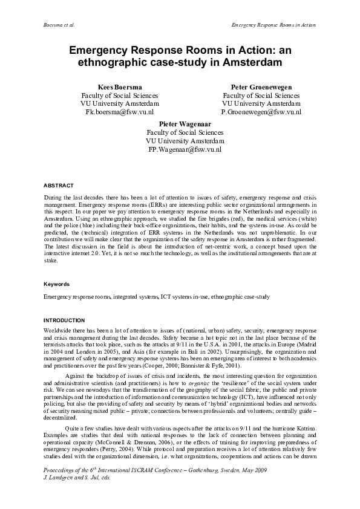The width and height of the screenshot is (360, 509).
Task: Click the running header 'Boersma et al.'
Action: (61, 27)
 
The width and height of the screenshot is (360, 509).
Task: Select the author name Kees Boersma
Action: (119, 87)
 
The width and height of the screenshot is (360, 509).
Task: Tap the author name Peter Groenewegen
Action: (261, 87)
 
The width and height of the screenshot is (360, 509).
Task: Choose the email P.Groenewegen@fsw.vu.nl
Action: (261, 112)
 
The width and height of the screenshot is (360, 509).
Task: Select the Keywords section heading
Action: (56, 284)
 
